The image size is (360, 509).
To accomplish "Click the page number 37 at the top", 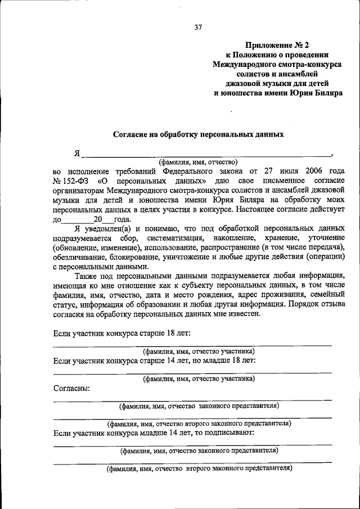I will pos(198,27).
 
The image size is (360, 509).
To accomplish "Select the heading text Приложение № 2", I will pos(277,44).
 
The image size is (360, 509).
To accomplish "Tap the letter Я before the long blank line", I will pos(77,153).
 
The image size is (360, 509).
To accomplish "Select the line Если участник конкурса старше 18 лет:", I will pos(121,334).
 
